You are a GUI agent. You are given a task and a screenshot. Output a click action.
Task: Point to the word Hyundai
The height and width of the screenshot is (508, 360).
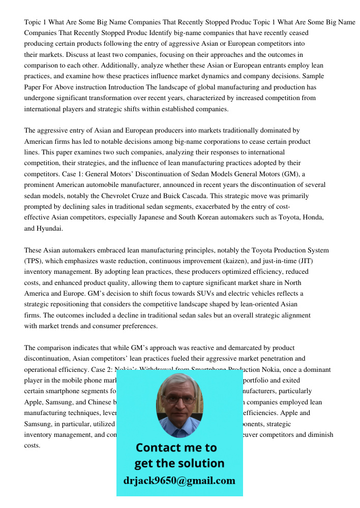[x=50, y=229]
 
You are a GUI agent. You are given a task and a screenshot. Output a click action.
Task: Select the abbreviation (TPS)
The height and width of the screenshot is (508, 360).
[x=34, y=261]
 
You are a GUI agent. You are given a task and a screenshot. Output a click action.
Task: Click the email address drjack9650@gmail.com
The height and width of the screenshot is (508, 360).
[x=179, y=480]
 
